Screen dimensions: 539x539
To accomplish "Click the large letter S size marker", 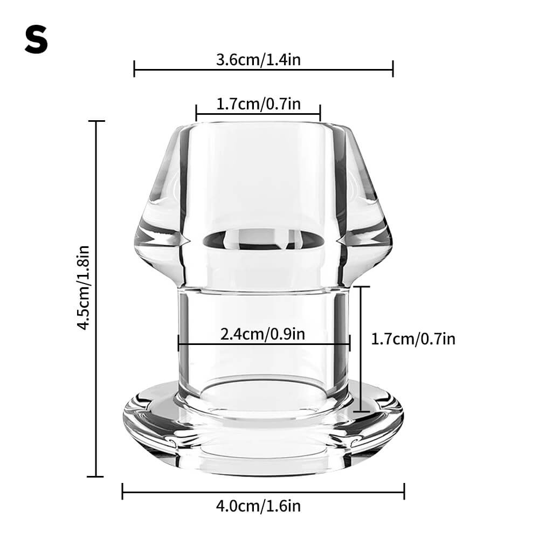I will pyautogui.click(x=36, y=42).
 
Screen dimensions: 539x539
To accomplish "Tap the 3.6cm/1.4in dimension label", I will pyautogui.click(x=258, y=59).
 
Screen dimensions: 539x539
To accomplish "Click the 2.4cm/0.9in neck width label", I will pyautogui.click(x=263, y=334).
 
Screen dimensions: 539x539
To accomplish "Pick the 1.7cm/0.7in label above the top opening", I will pyautogui.click(x=258, y=103).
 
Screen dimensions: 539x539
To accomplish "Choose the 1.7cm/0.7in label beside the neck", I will pyautogui.click(x=413, y=338).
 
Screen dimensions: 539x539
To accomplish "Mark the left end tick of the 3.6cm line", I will pyautogui.click(x=134, y=69).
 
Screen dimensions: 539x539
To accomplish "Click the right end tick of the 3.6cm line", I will pyautogui.click(x=393, y=69).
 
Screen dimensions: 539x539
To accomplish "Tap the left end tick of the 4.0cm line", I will pyautogui.click(x=123, y=491).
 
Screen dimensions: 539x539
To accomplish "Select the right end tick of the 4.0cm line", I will pyautogui.click(x=404, y=491).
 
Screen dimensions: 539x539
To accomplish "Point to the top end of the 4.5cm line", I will pyautogui.click(x=96, y=121).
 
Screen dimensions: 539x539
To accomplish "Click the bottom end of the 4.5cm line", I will pyautogui.click(x=96, y=476).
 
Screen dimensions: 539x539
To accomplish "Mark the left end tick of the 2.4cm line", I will pyautogui.click(x=178, y=343).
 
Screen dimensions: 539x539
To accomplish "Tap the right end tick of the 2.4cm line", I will pyautogui.click(x=350, y=343).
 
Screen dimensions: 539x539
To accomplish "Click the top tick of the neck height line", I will pyautogui.click(x=361, y=287).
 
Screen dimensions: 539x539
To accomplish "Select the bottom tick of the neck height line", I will pyautogui.click(x=361, y=412).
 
